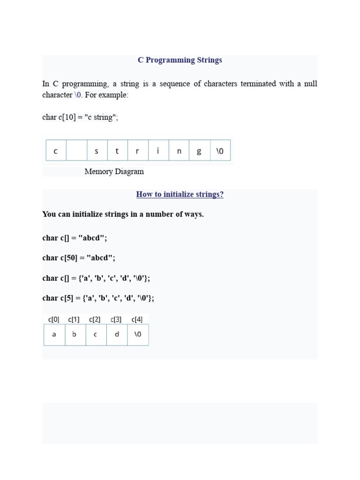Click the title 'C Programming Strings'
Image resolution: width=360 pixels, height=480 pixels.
click(x=180, y=60)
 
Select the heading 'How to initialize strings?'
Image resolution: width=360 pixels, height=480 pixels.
click(x=180, y=194)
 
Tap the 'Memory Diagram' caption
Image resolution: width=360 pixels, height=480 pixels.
click(x=114, y=172)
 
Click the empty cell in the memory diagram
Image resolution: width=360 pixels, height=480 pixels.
click(x=76, y=151)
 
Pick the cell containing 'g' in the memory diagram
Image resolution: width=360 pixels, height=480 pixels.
click(x=199, y=151)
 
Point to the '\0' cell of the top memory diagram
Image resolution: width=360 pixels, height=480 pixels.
click(x=220, y=151)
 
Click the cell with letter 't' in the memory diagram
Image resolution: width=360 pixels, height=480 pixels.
click(x=117, y=151)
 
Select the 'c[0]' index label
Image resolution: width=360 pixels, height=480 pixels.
click(x=54, y=320)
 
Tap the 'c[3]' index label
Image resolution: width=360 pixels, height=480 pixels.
click(x=116, y=320)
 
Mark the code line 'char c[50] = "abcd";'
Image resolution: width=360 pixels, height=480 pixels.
click(x=78, y=258)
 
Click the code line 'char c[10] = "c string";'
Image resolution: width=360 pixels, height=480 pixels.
click(x=80, y=117)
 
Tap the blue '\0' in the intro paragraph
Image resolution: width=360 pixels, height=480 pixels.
click(x=78, y=95)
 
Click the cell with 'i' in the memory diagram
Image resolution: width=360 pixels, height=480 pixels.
click(x=158, y=151)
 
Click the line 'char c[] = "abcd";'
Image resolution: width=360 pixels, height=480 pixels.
click(x=75, y=238)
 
